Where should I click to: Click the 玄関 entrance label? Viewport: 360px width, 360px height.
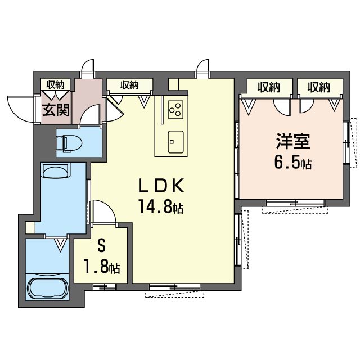coord(56,110)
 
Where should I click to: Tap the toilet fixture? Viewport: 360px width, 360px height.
coord(69,143)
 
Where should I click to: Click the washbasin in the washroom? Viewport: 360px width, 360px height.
coord(56,170)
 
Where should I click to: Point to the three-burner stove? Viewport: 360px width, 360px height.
coord(175,110)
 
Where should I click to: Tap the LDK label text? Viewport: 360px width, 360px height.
coord(161,186)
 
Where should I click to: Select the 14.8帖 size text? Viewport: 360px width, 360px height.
coord(160,206)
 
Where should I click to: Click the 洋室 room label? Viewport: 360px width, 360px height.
coord(293,142)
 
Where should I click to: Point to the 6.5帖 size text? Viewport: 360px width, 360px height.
coord(293,163)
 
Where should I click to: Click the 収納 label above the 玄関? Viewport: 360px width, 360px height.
coord(55,85)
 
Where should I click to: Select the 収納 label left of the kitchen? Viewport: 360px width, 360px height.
coord(130,85)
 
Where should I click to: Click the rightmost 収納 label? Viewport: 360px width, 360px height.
coord(319,88)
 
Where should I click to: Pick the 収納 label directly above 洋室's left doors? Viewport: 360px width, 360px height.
coord(269,88)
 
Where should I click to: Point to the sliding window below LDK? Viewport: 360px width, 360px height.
coord(175,286)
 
